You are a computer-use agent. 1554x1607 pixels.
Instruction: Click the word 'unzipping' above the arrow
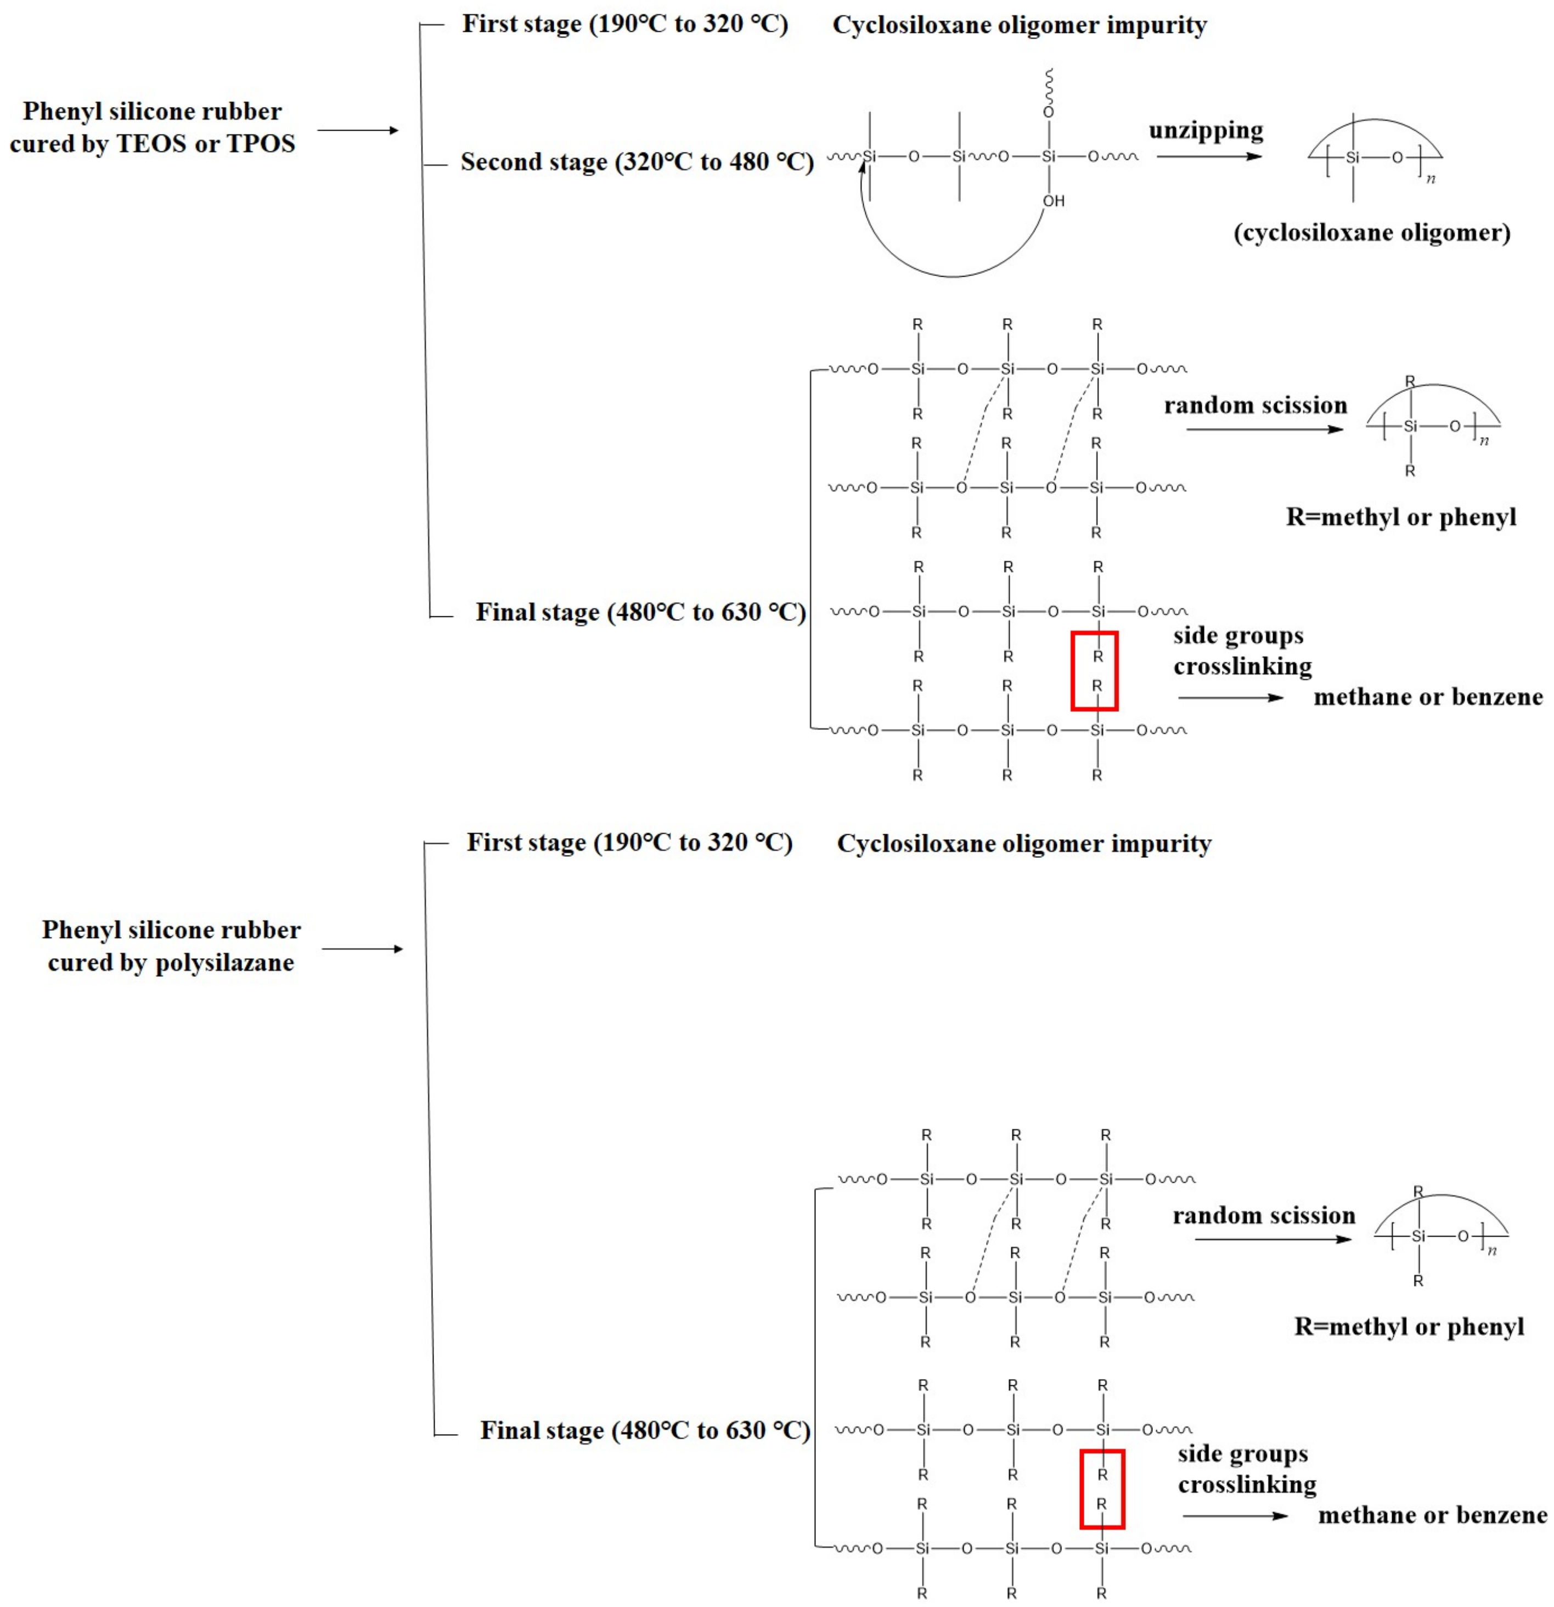1205,131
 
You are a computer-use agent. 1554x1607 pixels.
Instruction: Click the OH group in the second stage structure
1053,201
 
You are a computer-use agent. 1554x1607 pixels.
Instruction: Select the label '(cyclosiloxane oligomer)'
1372,233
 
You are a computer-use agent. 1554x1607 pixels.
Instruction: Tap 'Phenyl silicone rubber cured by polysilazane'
171,945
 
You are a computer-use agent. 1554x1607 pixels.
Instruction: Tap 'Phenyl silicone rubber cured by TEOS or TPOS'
153,127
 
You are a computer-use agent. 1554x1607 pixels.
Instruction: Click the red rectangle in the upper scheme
1094,671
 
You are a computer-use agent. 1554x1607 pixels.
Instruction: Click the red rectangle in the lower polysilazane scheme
1101,1489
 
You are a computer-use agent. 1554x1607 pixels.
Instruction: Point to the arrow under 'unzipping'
1209,156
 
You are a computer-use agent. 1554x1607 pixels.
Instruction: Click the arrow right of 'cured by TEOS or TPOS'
358,131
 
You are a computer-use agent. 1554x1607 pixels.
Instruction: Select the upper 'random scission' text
1255,405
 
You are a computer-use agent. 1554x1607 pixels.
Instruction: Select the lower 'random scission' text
1263,1215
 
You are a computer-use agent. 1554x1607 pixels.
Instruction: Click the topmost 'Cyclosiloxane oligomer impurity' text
1020,25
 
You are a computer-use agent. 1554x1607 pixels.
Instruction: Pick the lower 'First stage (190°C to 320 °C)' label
629,843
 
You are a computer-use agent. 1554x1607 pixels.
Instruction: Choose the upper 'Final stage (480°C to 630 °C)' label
640,613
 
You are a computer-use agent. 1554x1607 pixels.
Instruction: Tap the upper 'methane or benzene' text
1428,698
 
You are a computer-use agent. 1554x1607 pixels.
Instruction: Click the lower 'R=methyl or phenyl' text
1409,1327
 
